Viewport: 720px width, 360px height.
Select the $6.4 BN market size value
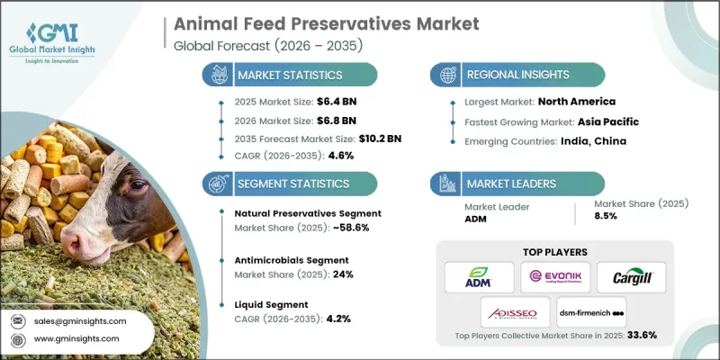click(313, 103)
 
